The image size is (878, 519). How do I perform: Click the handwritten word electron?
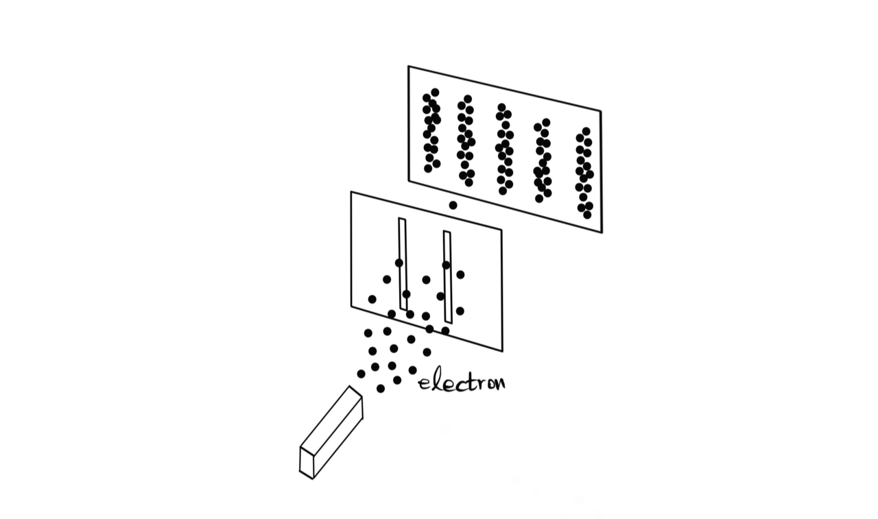coord(461,382)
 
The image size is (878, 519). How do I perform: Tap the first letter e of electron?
coord(423,384)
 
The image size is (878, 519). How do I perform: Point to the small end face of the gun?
coord(307,463)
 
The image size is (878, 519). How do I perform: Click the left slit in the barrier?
coord(403,264)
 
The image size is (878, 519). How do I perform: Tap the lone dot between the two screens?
coord(453,205)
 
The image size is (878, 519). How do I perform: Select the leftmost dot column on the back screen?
coord(431,130)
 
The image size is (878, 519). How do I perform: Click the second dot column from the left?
coord(466,141)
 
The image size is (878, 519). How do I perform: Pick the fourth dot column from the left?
coord(543,160)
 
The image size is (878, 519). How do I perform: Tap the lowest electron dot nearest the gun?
coord(381,389)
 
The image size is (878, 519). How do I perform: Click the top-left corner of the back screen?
coord(409,67)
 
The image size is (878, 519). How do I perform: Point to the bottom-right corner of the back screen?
coord(602,232)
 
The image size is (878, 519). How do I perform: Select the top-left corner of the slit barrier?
coord(351,192)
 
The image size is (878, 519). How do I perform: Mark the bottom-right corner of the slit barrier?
coord(502,350)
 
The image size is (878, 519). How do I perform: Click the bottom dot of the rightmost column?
coord(587,215)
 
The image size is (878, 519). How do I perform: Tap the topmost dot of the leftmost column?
coord(435,92)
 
